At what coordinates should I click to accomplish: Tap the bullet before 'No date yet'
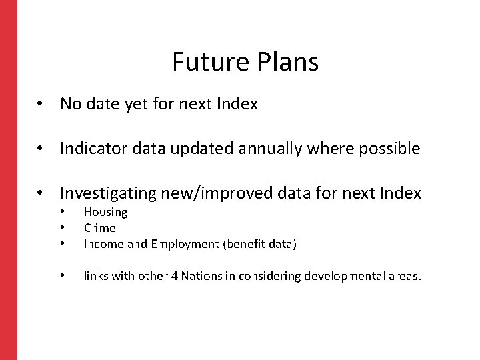pos(41,105)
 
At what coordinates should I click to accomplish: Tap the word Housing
pos(105,212)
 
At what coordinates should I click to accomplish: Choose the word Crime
pos(100,228)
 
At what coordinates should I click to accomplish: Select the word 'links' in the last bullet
pos(96,276)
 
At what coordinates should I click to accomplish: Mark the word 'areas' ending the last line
pos(405,276)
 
